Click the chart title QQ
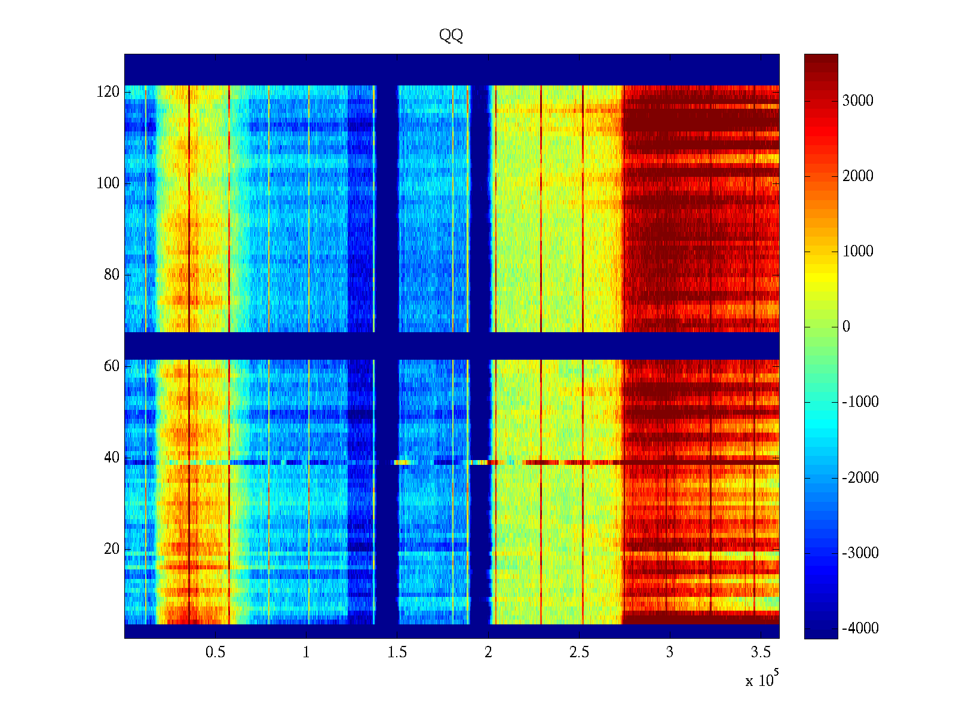coord(451,36)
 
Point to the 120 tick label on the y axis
coord(108,92)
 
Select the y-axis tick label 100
coord(108,183)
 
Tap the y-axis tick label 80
coord(112,275)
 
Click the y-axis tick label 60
coord(112,366)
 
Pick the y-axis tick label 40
coord(112,458)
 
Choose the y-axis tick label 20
coord(112,549)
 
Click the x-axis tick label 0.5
coord(216,652)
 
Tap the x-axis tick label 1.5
coord(397,652)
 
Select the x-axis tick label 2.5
coord(579,652)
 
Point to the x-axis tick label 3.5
coord(761,652)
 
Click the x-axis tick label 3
coord(670,652)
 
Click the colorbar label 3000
coord(858,101)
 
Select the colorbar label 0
coord(846,327)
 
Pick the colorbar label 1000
coord(858,252)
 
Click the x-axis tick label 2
coord(488,652)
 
